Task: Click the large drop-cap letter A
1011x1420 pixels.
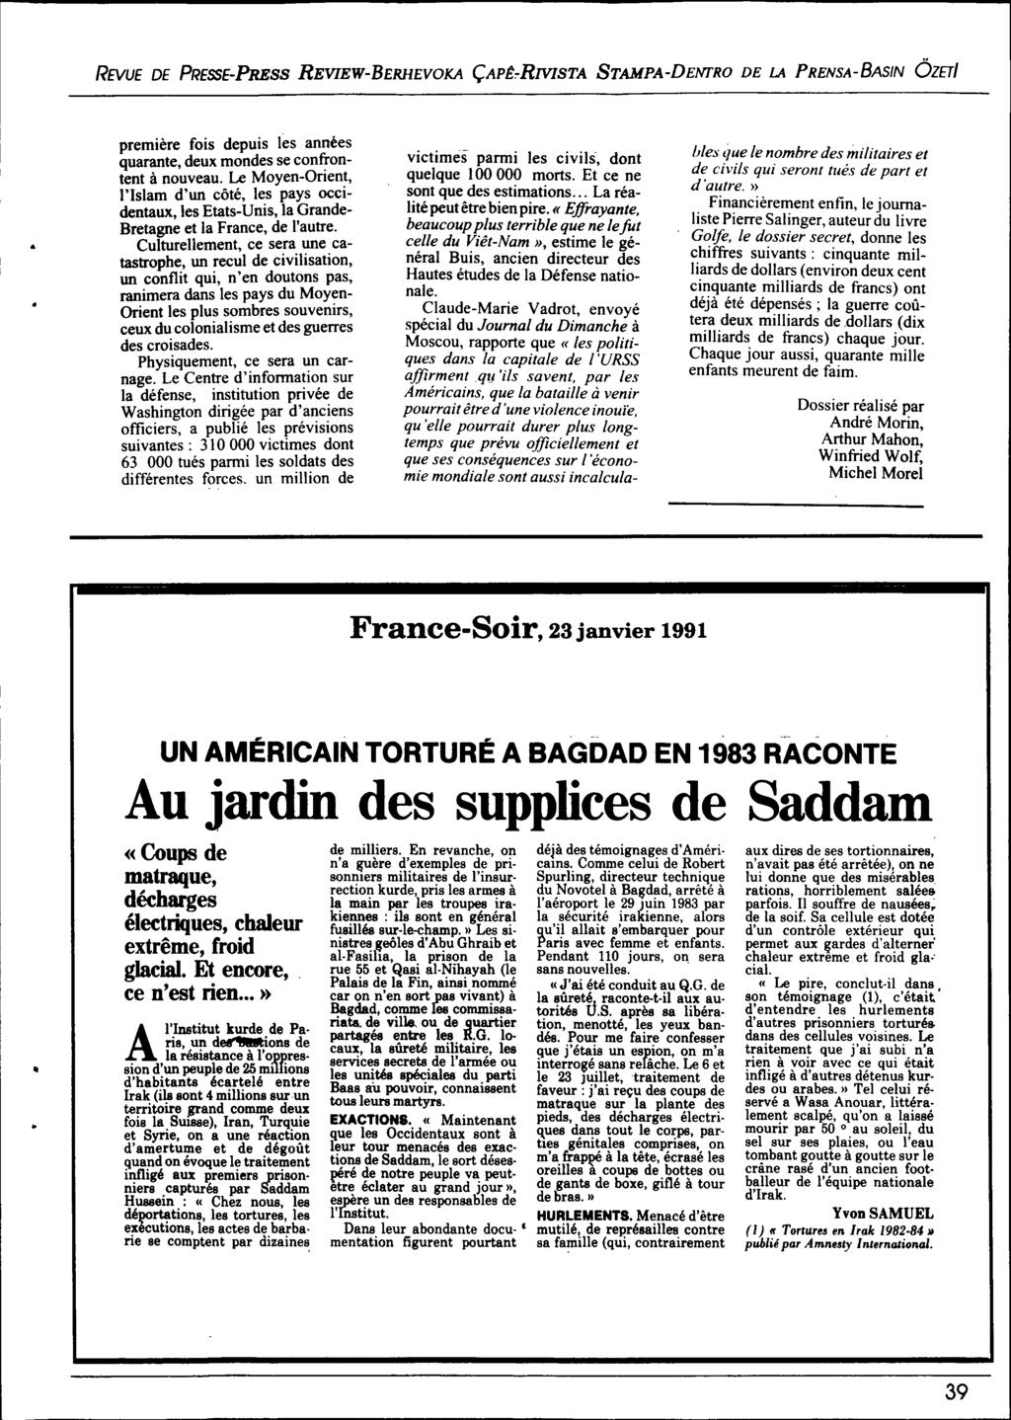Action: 141,1074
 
